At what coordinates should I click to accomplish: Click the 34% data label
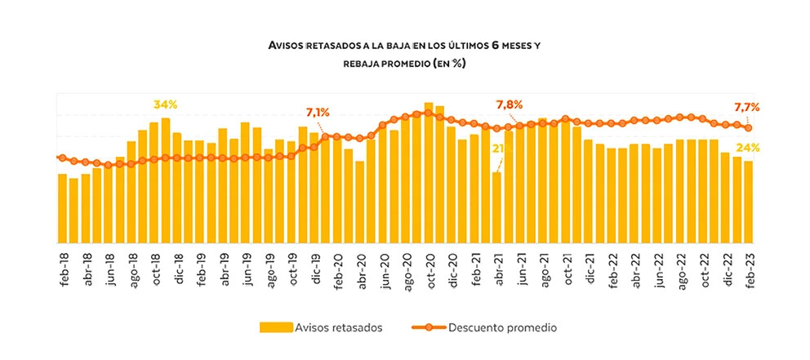165,104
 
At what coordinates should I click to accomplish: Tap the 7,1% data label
318,112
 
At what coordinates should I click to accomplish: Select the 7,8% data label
510,104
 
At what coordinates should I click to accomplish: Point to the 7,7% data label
747,107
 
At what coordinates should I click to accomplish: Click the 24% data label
748,148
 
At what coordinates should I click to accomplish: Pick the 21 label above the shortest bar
497,149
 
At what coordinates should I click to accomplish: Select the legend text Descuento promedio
502,327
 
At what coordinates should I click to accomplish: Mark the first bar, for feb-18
62,208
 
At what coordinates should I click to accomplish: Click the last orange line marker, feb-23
748,127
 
